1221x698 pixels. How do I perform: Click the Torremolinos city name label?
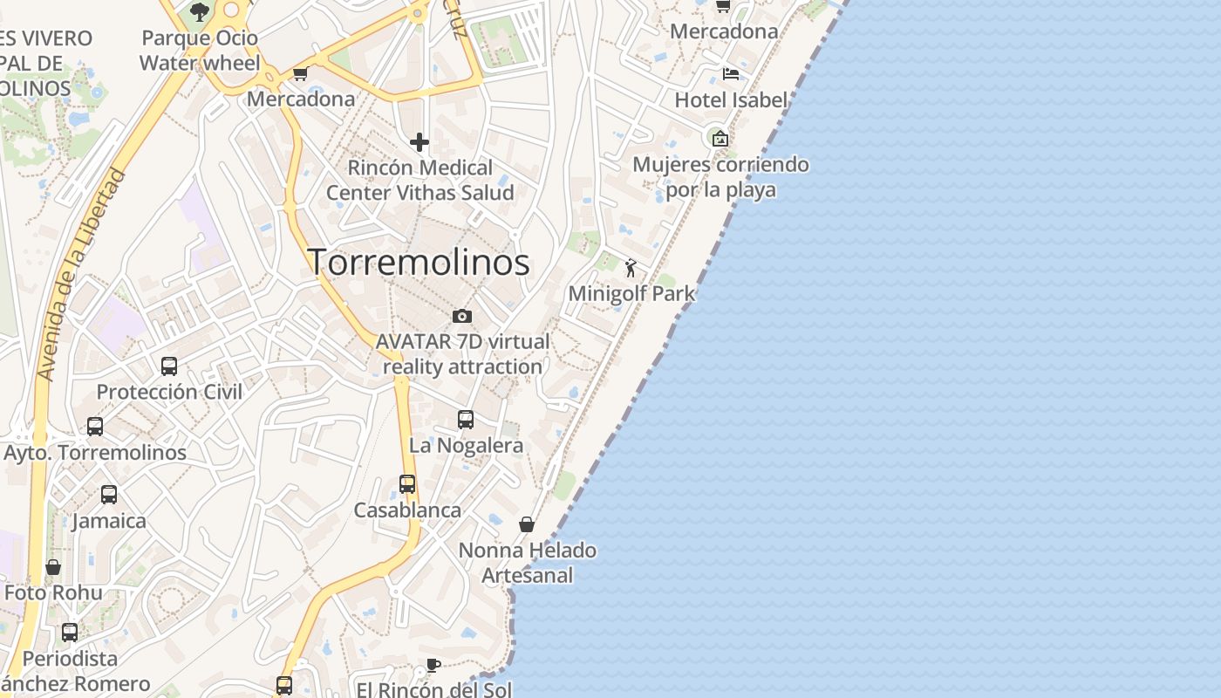pos(419,262)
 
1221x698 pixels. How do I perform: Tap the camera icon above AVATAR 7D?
pos(462,316)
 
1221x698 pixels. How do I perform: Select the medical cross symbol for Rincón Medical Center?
pos(420,142)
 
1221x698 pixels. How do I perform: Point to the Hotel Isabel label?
pos(731,100)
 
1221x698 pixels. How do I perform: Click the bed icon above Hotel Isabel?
pos(731,73)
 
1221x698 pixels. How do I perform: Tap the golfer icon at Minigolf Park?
pos(631,268)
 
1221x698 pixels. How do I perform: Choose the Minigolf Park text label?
pos(631,293)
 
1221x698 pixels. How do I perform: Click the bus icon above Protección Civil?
pos(169,366)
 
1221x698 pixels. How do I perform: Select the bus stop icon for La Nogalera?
pos(466,420)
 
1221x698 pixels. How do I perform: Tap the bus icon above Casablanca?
pos(407,484)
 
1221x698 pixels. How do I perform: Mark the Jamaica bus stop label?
pos(109,521)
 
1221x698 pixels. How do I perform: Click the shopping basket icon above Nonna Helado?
pos(527,524)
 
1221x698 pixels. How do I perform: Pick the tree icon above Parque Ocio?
pos(200,11)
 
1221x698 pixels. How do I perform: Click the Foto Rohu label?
pos(53,592)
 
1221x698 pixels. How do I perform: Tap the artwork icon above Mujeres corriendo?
pos(720,139)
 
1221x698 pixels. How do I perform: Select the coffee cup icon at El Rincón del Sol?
pos(433,666)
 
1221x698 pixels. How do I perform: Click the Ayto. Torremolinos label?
pos(95,453)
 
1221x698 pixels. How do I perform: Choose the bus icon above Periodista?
pos(70,633)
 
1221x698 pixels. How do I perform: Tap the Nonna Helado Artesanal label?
pos(528,563)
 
